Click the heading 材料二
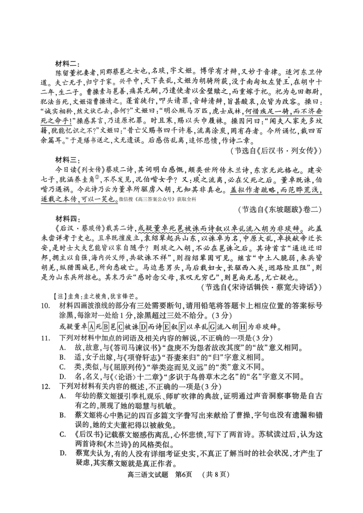click(67, 63)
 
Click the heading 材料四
click(67, 219)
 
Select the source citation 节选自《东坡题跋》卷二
click(280, 210)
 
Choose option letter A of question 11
click(62, 348)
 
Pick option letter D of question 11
click(62, 377)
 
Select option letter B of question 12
click(62, 415)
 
